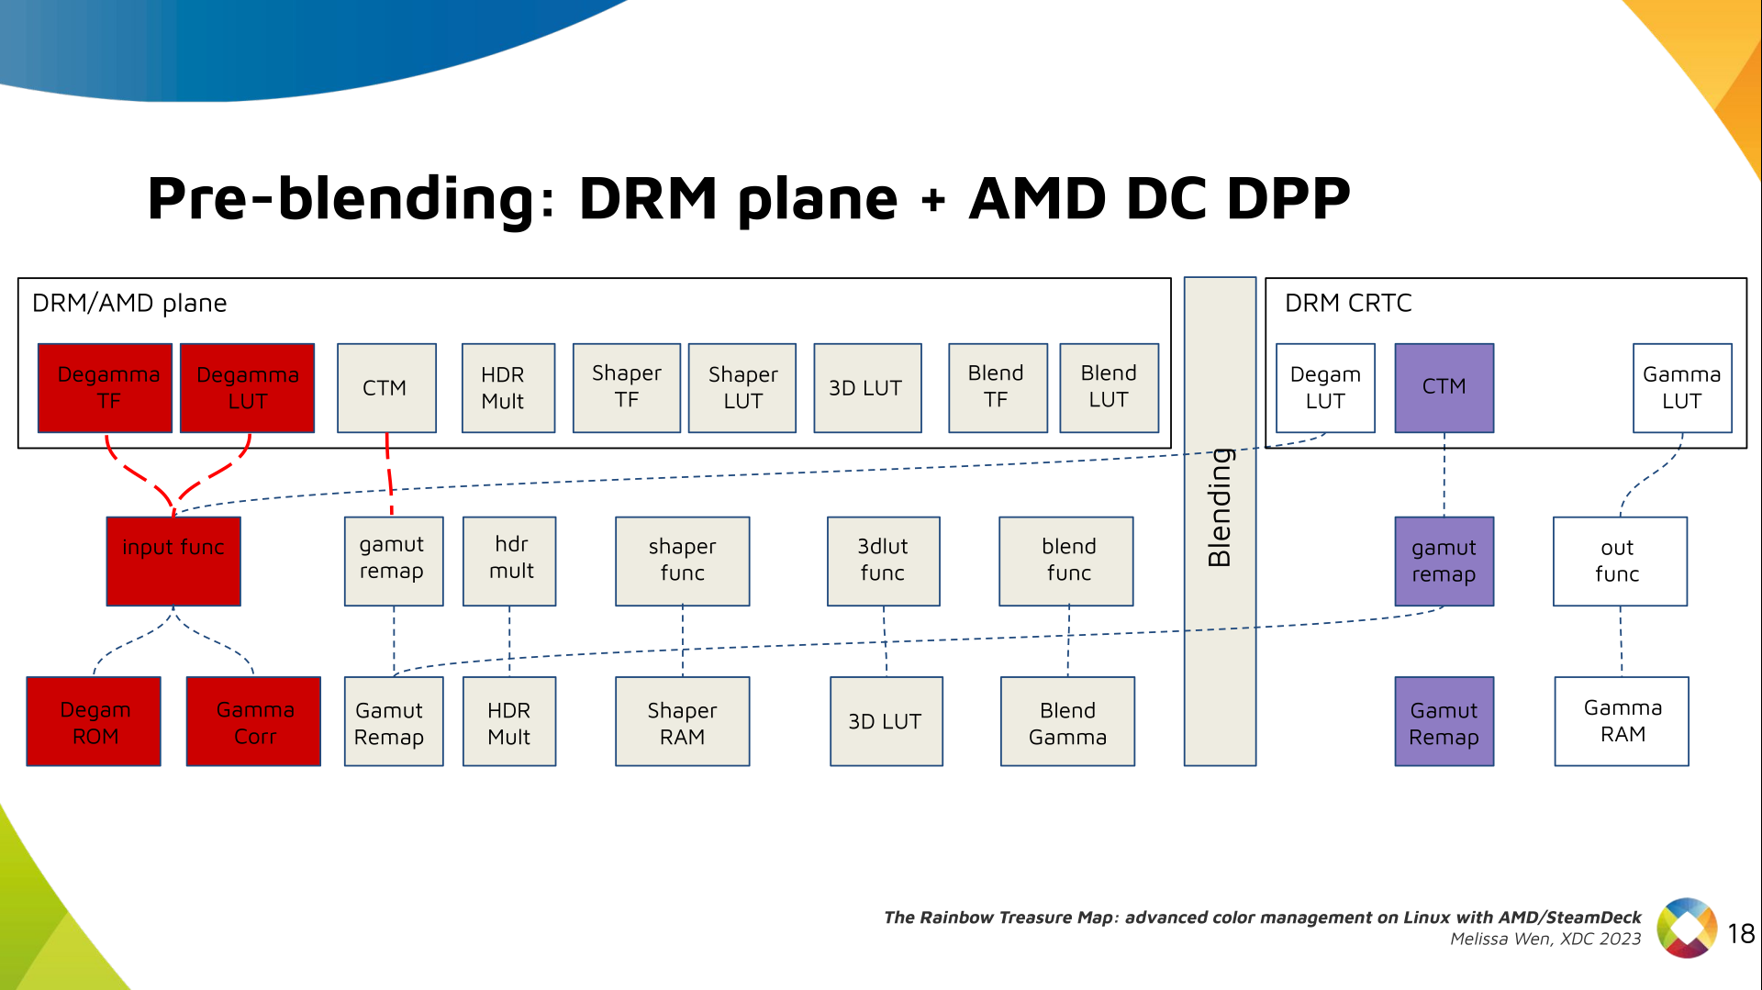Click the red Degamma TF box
click(106, 388)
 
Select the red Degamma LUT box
click(248, 388)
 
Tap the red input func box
click(173, 561)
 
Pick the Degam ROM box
click(94, 722)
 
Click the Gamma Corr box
click(254, 722)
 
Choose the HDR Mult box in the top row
click(508, 388)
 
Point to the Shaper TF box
click(627, 388)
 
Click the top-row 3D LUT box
click(867, 388)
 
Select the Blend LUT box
click(1109, 388)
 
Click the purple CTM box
click(1444, 388)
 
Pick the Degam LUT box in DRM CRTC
click(1325, 388)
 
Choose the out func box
click(1620, 561)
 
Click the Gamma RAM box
click(1622, 721)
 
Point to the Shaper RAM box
click(682, 722)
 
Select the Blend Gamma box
click(1067, 722)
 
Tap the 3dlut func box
click(883, 561)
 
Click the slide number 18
click(1741, 934)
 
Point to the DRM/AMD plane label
click(129, 303)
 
